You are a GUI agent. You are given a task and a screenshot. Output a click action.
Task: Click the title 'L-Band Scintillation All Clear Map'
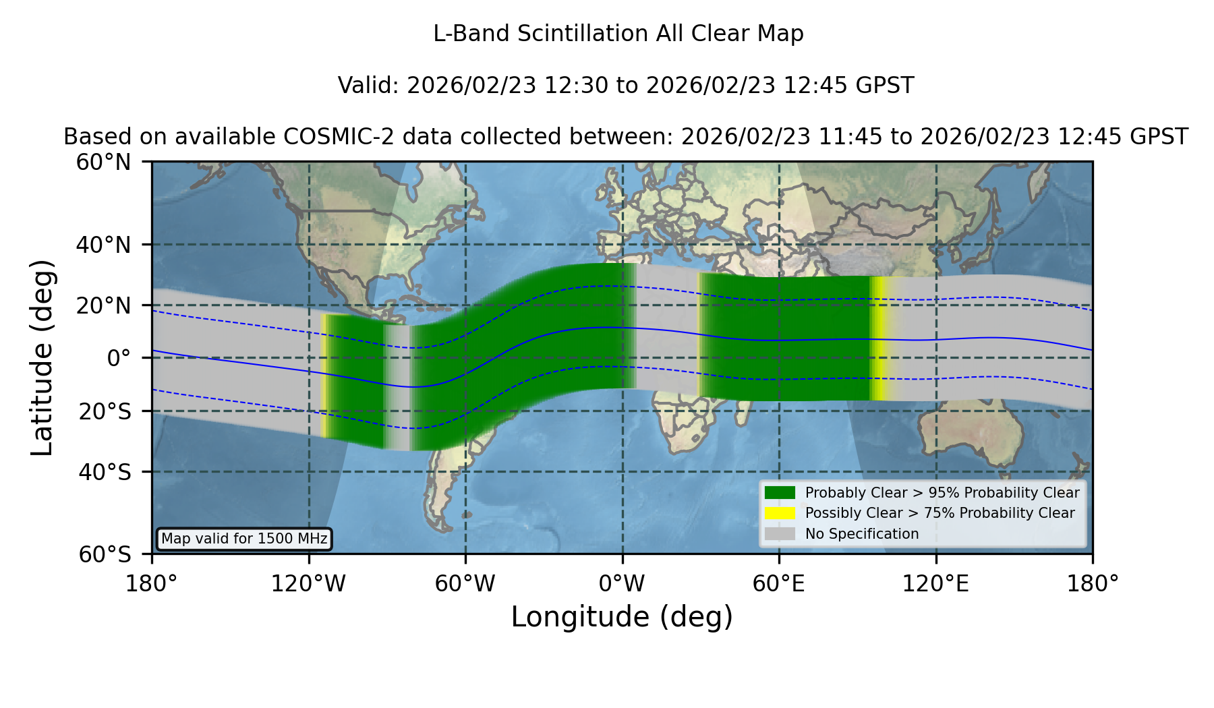click(x=618, y=34)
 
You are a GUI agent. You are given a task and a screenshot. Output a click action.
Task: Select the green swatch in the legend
click(x=780, y=493)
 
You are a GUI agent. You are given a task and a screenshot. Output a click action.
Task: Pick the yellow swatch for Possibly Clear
click(x=780, y=513)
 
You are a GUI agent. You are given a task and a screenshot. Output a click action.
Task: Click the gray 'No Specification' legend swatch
click(x=780, y=534)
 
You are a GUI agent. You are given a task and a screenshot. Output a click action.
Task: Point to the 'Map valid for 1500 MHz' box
click(x=244, y=539)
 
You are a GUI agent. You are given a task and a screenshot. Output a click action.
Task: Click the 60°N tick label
click(x=104, y=163)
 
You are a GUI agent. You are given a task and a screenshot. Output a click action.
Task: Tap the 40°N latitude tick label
click(x=104, y=245)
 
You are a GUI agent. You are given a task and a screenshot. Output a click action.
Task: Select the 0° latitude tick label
click(x=119, y=358)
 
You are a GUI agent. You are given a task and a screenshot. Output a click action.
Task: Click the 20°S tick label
click(x=105, y=411)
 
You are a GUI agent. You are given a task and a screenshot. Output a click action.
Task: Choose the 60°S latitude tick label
click(x=105, y=554)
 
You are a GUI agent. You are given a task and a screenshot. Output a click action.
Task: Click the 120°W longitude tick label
click(x=308, y=583)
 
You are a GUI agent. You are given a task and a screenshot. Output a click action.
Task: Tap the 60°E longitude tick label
click(x=779, y=583)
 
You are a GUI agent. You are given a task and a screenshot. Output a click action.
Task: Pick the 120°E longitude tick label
click(x=936, y=583)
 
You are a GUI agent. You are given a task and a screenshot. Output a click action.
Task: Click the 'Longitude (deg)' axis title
click(x=622, y=617)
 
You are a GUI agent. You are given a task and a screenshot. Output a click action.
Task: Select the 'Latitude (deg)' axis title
click(x=42, y=357)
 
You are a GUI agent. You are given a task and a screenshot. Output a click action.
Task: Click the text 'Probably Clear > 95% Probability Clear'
click(x=942, y=493)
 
